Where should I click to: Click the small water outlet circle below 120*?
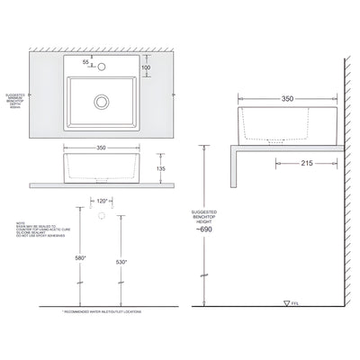102,217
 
